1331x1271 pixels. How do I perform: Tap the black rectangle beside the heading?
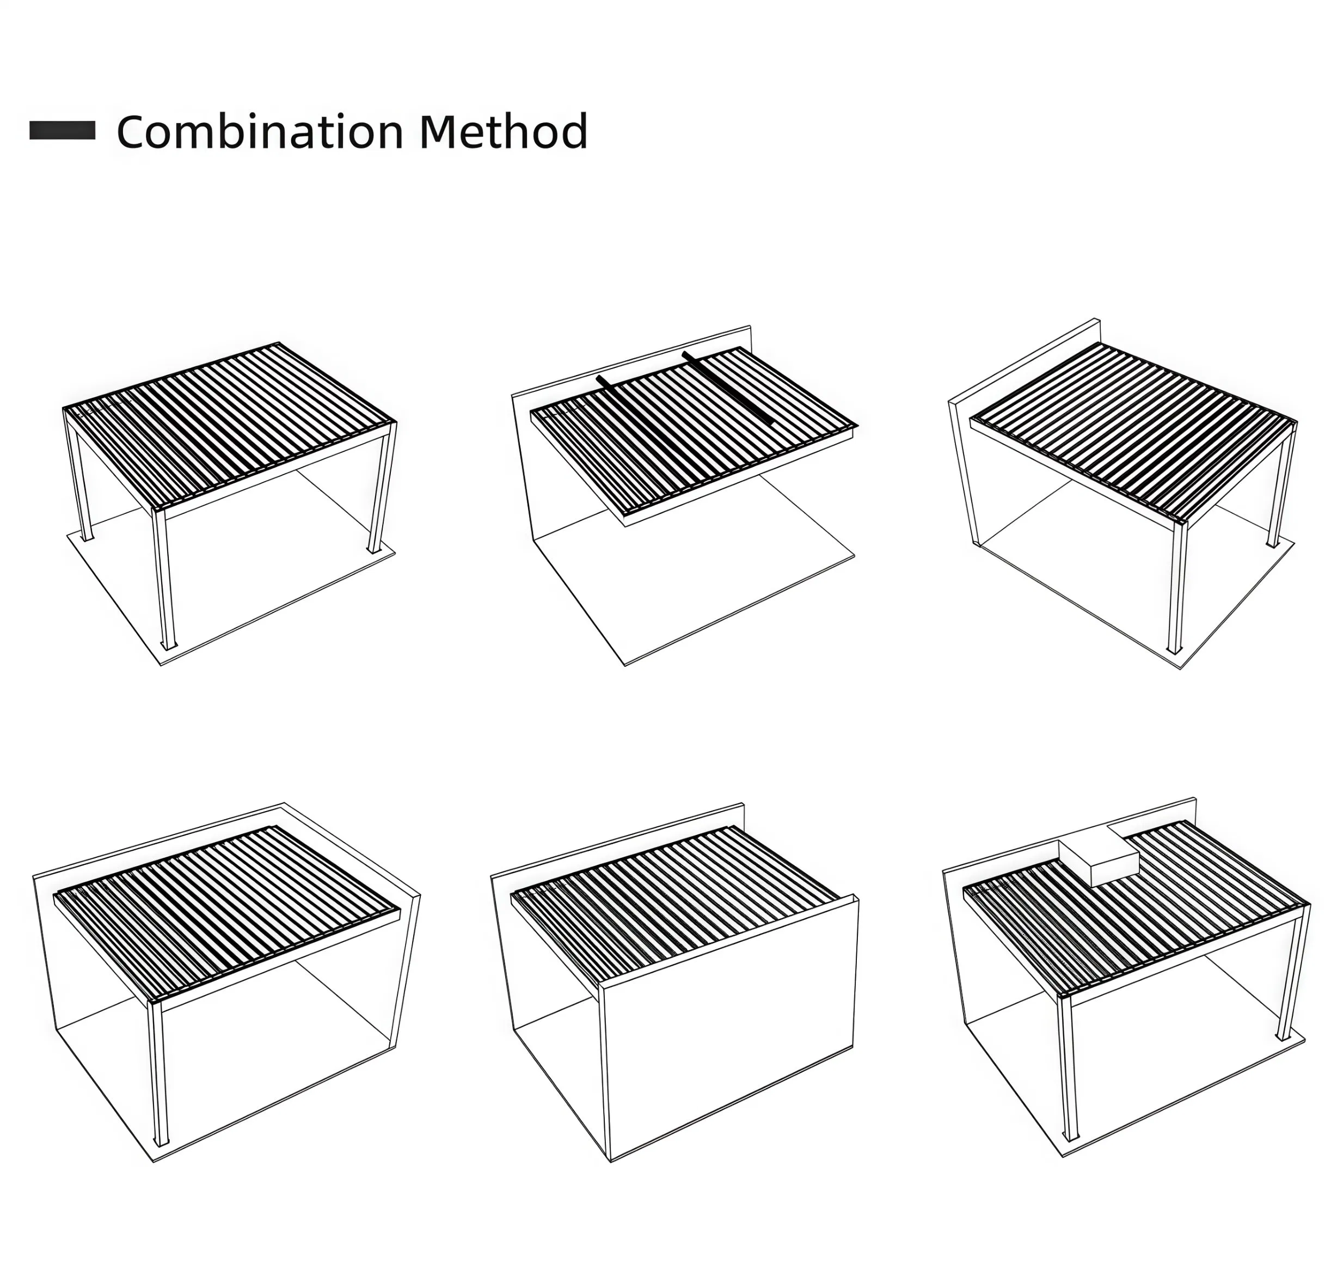tap(63, 131)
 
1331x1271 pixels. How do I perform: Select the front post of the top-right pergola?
tap(1177, 587)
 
